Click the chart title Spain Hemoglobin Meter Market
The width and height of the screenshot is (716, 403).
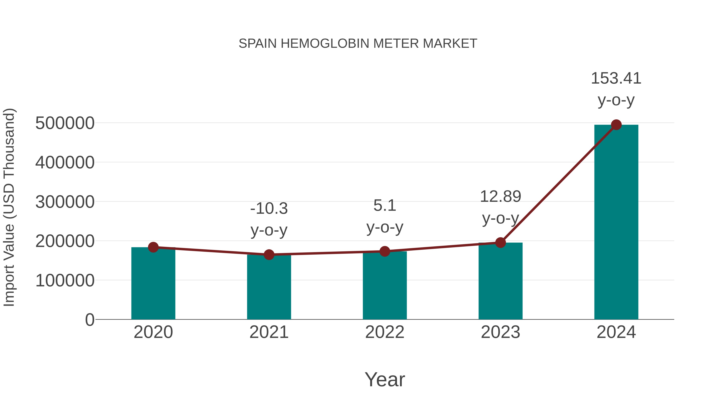pos(358,44)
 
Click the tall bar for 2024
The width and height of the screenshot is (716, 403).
pos(616,222)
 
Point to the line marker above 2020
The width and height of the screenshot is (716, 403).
pos(153,247)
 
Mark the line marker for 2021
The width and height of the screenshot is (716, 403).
pos(269,255)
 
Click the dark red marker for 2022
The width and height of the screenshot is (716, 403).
pos(385,251)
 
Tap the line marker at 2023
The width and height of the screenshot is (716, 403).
pos(500,243)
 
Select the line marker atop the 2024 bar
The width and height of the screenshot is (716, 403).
pos(616,125)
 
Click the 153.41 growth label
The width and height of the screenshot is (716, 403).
pos(616,78)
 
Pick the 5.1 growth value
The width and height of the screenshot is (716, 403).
pos(385,206)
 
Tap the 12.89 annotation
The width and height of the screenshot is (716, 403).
pos(500,197)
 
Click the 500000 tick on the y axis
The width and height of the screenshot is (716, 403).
pos(65,123)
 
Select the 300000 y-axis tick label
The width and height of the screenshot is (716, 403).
pos(65,202)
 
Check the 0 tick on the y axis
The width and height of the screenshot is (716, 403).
pos(89,320)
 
